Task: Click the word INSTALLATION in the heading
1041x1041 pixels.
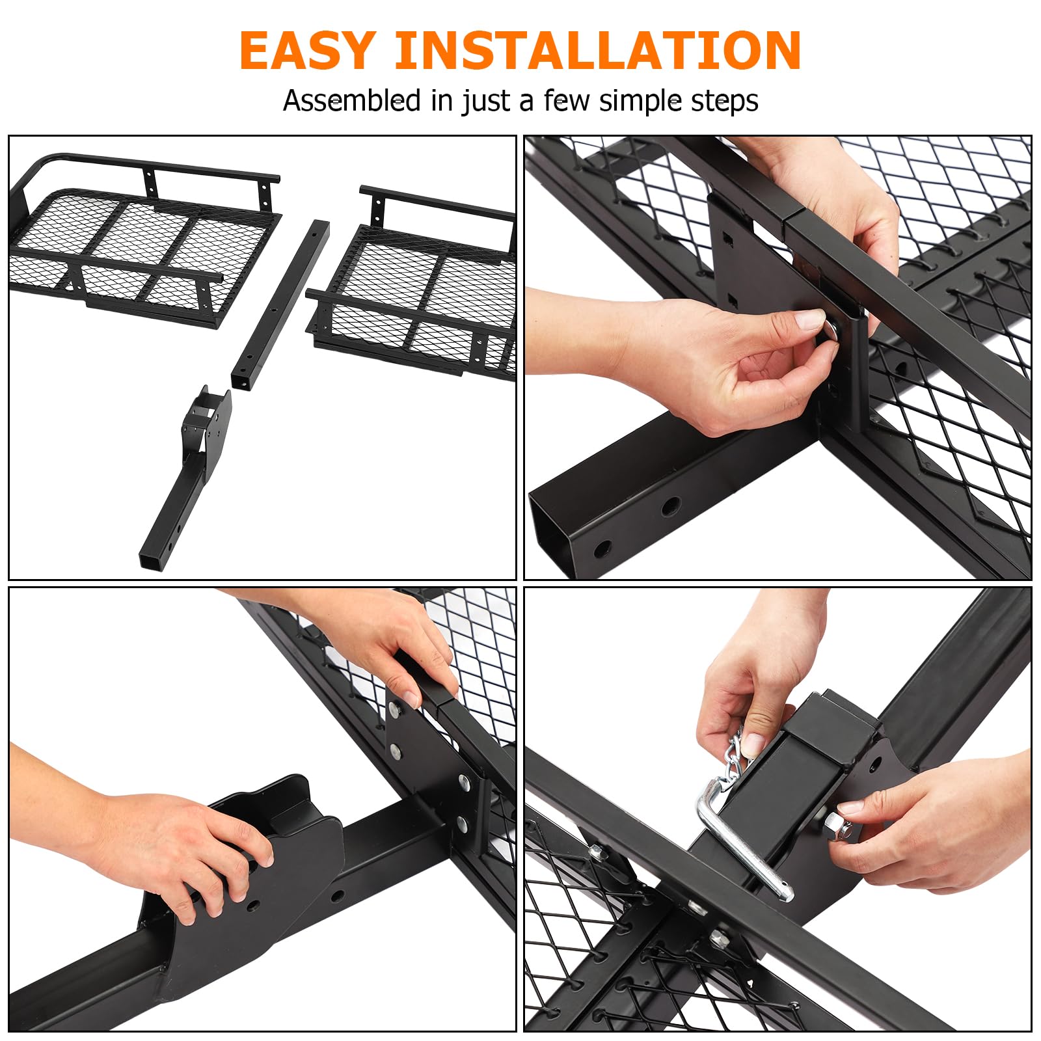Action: (x=598, y=50)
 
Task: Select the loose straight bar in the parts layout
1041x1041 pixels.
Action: (x=280, y=304)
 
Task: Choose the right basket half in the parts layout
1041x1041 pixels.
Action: (x=413, y=283)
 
